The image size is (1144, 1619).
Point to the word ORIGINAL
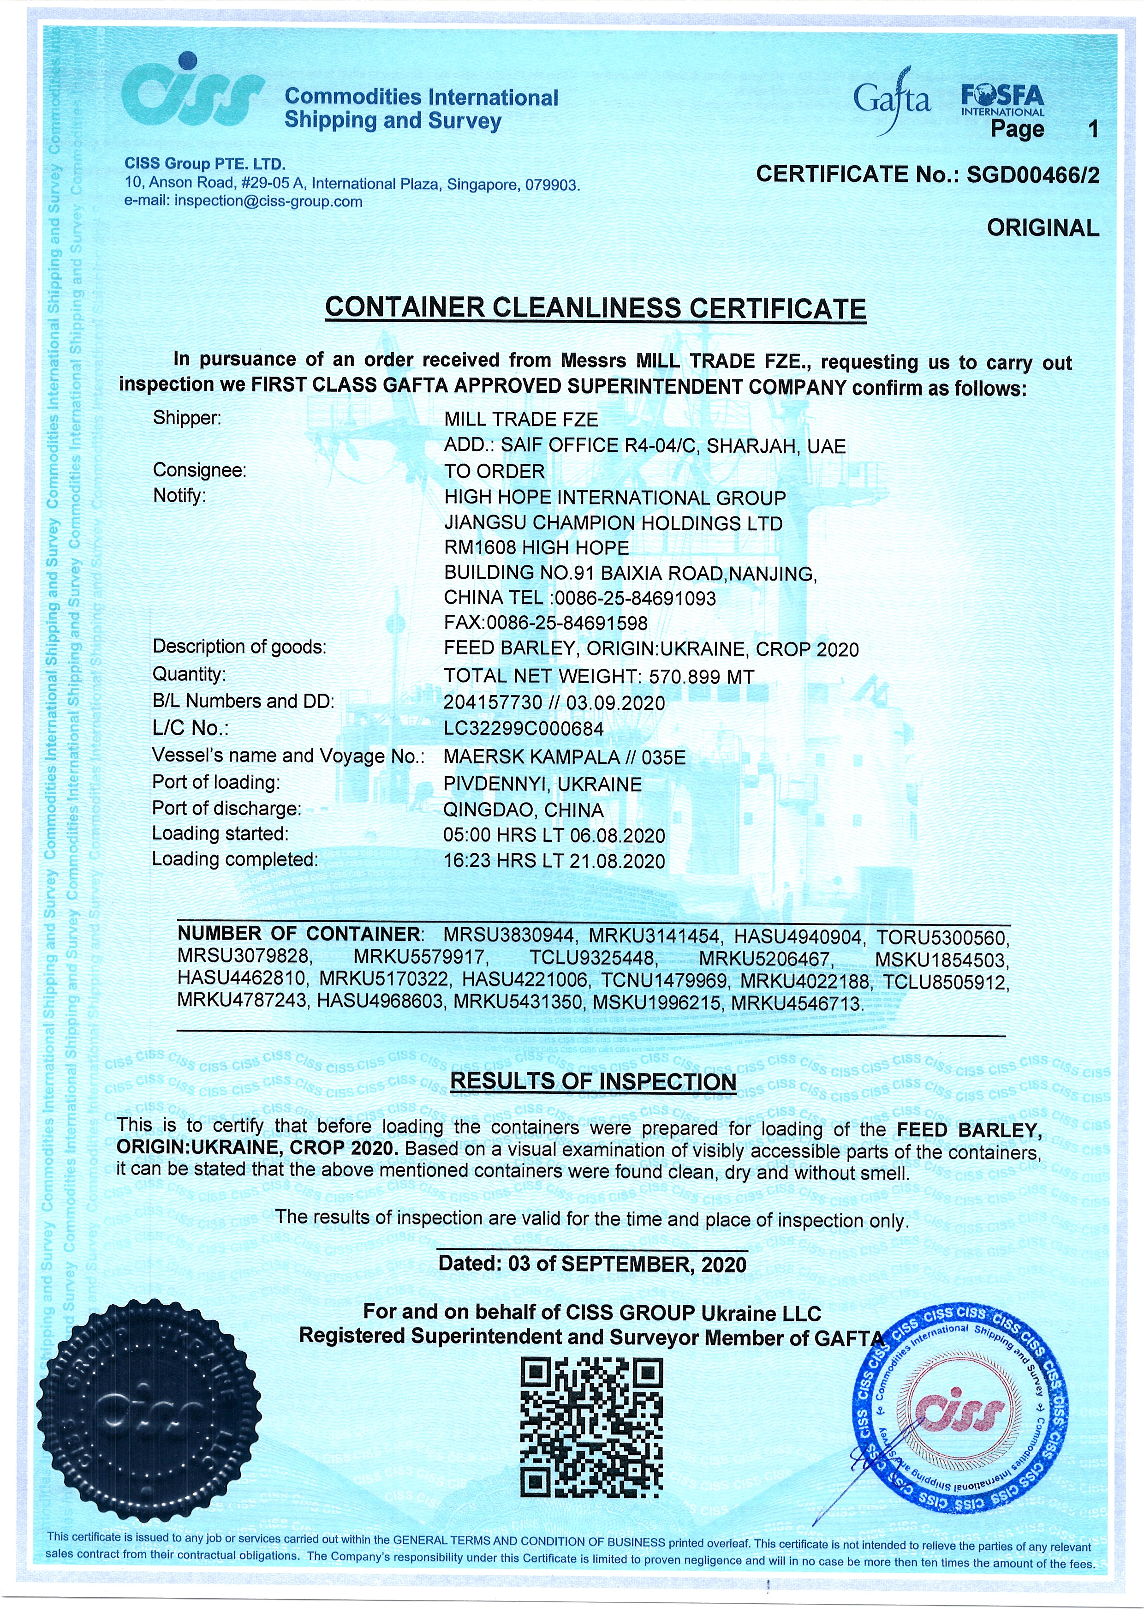(x=1043, y=228)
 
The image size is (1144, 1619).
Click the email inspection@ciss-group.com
(x=268, y=202)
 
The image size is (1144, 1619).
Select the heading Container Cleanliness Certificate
(x=596, y=309)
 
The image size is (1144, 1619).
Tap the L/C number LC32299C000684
(x=523, y=728)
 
